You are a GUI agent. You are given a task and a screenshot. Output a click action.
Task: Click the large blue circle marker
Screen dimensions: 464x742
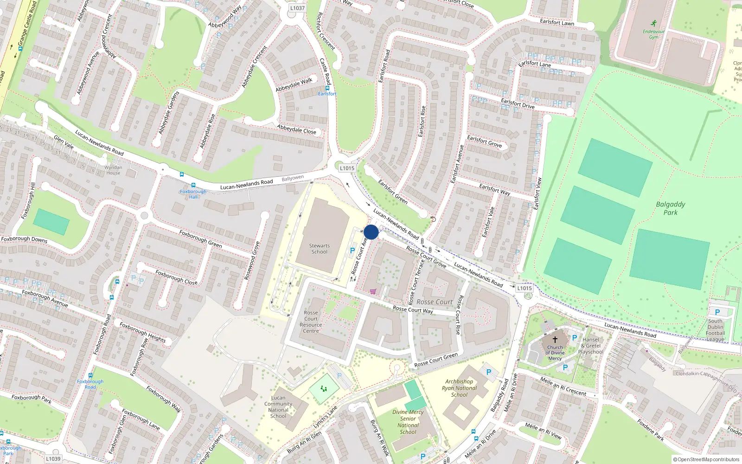tap(371, 232)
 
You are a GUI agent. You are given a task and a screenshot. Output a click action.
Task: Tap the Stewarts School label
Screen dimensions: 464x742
tap(319, 249)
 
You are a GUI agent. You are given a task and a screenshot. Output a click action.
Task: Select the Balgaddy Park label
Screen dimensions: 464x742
tap(670, 208)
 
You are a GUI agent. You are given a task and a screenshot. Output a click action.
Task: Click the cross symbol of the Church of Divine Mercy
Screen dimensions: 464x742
tap(555, 340)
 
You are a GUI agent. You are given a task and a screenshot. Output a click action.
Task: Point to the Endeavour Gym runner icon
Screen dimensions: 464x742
tap(653, 23)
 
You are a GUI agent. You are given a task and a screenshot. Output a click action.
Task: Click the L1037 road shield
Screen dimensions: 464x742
tap(297, 8)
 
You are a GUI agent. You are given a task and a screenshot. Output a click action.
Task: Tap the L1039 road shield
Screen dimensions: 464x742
tap(53, 458)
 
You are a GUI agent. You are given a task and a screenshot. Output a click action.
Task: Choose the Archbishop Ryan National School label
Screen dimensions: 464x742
tap(459, 388)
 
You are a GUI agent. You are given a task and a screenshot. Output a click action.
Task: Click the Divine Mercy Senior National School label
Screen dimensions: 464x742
tap(408, 422)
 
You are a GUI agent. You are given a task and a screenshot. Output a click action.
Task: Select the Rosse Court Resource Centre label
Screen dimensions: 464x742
tap(311, 322)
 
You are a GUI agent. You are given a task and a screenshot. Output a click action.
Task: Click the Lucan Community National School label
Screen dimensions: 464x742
tap(278, 406)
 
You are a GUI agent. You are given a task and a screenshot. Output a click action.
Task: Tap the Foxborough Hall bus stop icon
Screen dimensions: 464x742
tap(193, 185)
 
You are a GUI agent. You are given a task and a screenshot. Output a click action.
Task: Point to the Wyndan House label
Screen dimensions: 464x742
tap(113, 170)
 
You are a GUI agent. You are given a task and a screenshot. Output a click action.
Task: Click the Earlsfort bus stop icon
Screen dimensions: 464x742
tap(327, 88)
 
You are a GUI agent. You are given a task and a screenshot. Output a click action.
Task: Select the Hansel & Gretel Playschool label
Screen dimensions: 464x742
tap(591, 346)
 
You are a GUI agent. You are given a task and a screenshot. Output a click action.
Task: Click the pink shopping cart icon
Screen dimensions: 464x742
tap(373, 292)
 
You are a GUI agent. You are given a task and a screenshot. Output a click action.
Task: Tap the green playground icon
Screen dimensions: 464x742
tap(324, 389)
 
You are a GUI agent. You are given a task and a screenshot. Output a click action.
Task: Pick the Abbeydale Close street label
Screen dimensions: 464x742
tap(296, 129)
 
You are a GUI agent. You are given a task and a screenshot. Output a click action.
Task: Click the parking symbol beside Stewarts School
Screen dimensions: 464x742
tap(352, 251)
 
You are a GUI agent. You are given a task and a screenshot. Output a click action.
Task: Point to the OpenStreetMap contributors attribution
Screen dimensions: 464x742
tap(706, 460)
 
